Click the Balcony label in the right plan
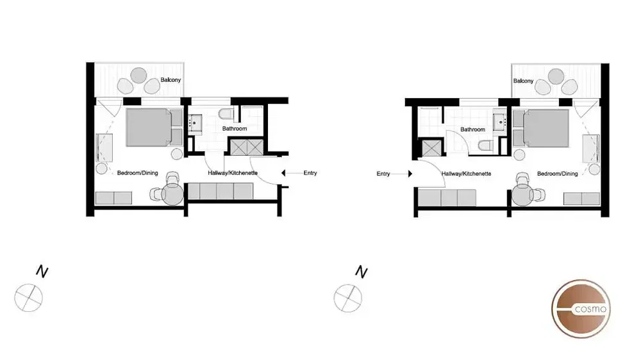tap(523, 81)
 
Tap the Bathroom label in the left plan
tap(234, 129)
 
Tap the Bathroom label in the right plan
tap(472, 129)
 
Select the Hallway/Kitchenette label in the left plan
tap(233, 173)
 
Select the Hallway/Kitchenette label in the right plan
tap(466, 174)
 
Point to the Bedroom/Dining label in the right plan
tap(557, 174)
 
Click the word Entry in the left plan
tap(310, 173)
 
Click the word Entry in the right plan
tap(383, 174)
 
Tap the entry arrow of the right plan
tap(404, 174)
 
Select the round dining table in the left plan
tap(174, 194)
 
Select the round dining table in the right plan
tap(524, 195)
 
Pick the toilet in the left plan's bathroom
tap(226, 115)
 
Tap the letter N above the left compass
tap(42, 272)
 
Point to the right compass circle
tap(348, 297)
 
